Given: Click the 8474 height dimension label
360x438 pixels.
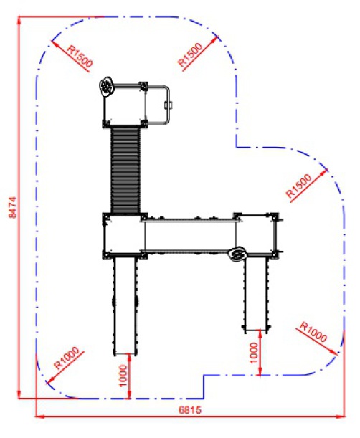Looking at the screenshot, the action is click(13, 207).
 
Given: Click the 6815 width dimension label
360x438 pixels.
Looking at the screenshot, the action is click(190, 410).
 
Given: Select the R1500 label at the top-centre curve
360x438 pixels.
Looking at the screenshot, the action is click(190, 54).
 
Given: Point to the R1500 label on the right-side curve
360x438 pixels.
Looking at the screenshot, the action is click(299, 186).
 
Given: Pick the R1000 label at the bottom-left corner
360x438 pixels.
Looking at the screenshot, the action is click(67, 358).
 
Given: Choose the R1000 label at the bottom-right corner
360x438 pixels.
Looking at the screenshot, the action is click(313, 332).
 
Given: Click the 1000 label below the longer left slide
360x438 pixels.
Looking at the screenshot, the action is click(123, 376).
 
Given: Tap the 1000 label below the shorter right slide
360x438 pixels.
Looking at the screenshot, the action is click(254, 353).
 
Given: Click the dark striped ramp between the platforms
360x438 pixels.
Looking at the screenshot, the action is click(125, 170).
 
